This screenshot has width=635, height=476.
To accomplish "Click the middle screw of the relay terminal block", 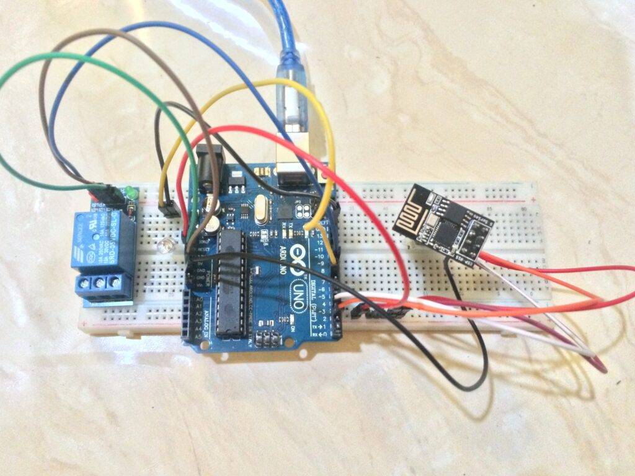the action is [x=99, y=284].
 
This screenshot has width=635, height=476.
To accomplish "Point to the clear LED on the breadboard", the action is [x=164, y=247].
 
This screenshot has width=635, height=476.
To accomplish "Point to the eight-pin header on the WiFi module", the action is [x=477, y=235].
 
